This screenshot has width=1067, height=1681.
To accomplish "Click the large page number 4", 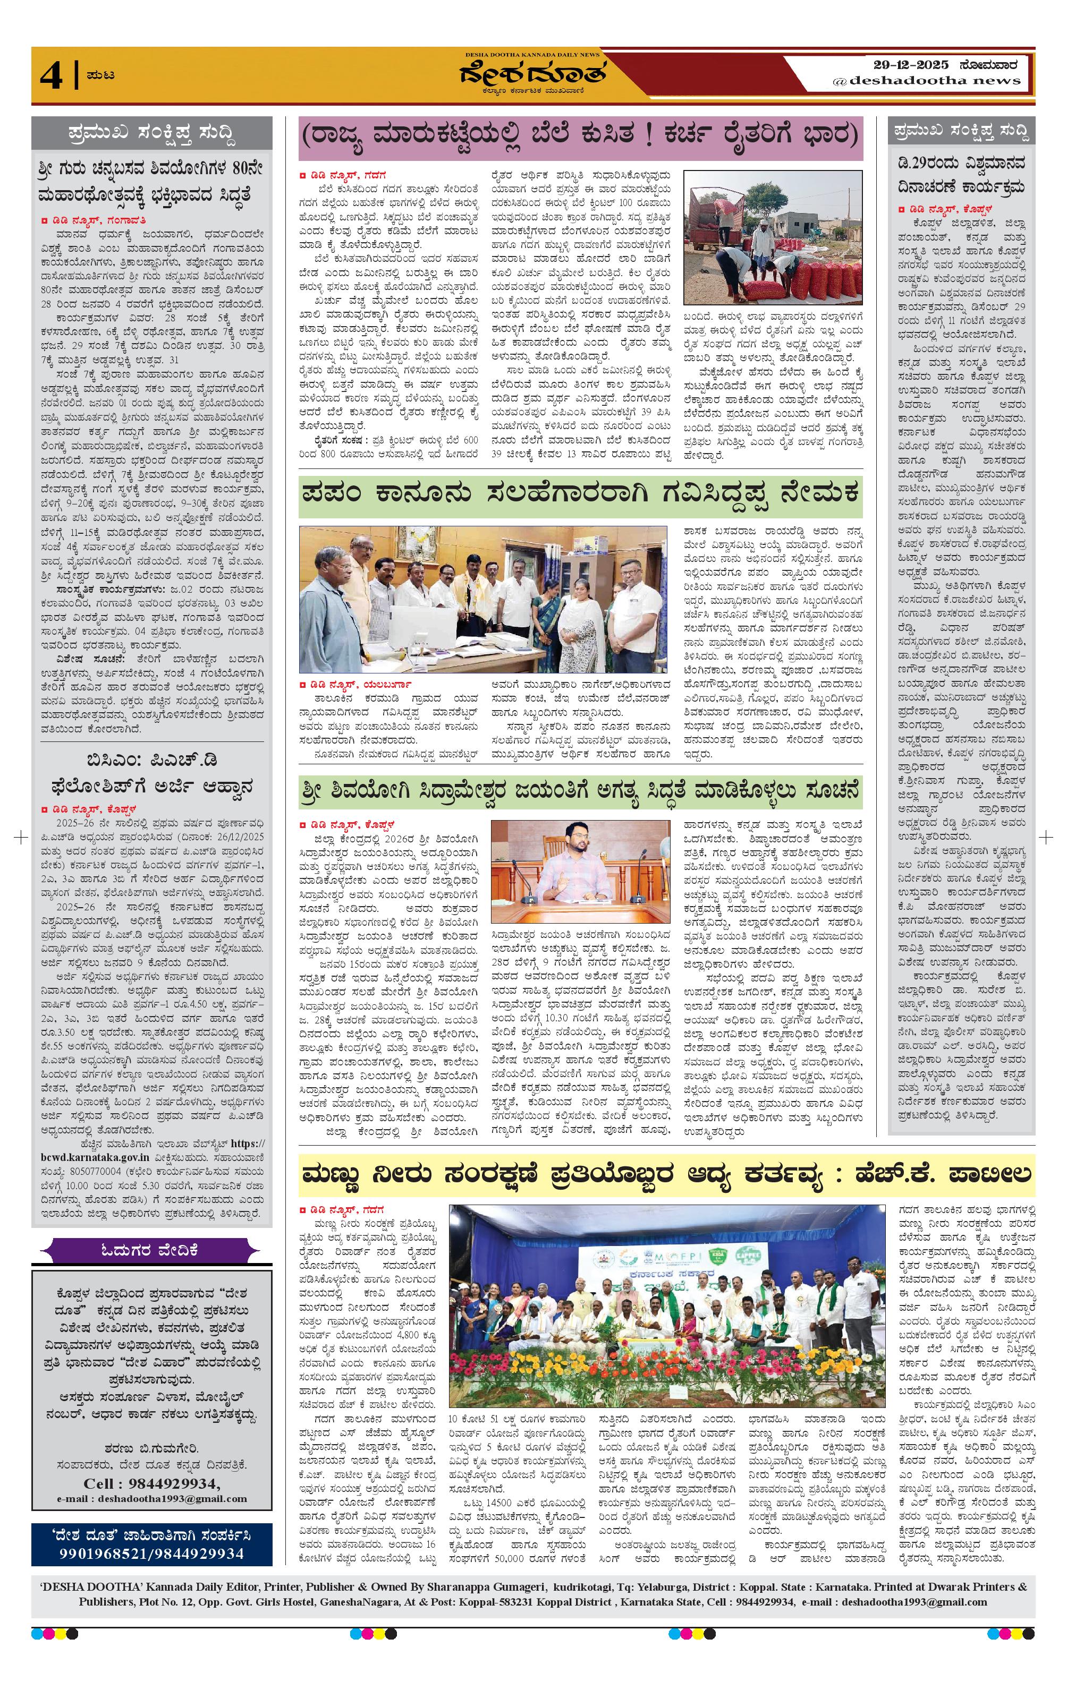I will [x=51, y=76].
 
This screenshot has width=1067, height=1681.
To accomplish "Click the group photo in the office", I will [x=483, y=600].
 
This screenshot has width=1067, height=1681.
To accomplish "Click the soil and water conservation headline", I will [x=666, y=1175].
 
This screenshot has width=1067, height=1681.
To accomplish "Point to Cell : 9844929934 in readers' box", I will [x=151, y=1484].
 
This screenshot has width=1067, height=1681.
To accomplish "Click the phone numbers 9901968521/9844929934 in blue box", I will [x=151, y=1553].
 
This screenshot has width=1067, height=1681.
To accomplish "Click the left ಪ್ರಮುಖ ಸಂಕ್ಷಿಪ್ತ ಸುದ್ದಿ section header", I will [x=151, y=131].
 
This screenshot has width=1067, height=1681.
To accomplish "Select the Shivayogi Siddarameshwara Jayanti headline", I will [x=580, y=792].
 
